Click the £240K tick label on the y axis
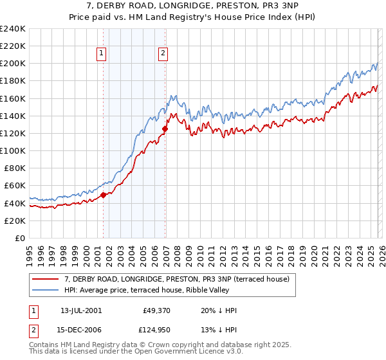point(13,29)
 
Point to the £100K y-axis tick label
point(13,150)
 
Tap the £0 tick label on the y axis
point(21,238)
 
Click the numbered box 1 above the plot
point(102,54)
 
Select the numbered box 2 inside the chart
point(163,54)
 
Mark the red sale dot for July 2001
point(104,195)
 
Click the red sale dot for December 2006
point(165,129)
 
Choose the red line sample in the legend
point(46,279)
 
